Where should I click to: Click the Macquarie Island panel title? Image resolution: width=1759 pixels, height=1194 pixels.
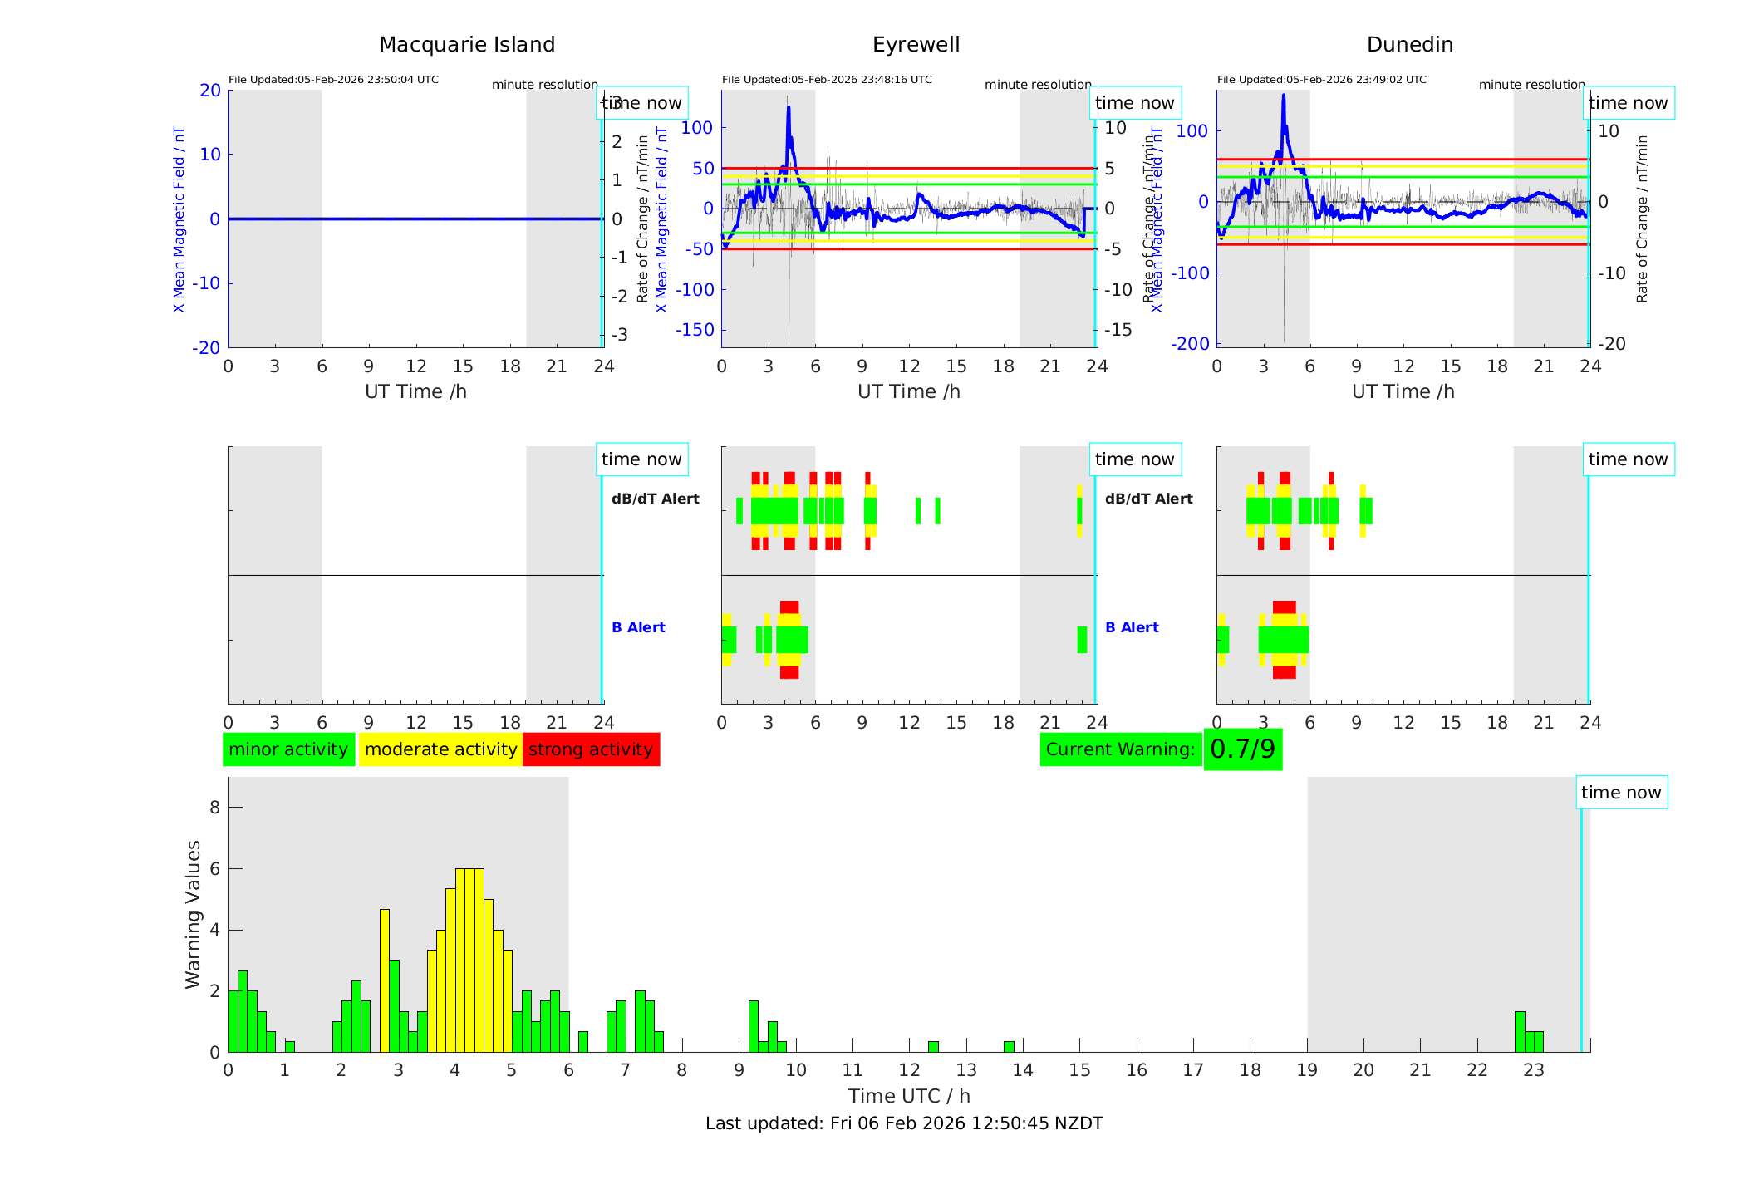pyautogui.click(x=466, y=45)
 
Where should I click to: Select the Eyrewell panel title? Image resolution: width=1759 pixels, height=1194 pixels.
pyautogui.click(x=916, y=45)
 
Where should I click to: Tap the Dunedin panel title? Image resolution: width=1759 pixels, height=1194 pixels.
pyautogui.click(x=1409, y=45)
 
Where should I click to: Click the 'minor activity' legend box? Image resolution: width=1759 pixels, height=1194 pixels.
pyautogui.click(x=288, y=749)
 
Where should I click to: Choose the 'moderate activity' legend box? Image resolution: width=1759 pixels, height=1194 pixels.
pyautogui.click(x=440, y=749)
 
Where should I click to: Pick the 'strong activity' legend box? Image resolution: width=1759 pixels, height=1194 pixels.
pyautogui.click(x=591, y=749)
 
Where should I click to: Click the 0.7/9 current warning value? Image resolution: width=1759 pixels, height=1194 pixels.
pyautogui.click(x=1242, y=749)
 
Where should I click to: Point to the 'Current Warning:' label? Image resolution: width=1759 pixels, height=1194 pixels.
pyautogui.click(x=1120, y=749)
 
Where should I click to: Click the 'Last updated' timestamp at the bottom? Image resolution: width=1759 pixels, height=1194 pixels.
pyautogui.click(x=904, y=1123)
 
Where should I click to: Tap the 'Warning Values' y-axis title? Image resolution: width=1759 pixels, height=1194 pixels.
pyautogui.click(x=194, y=914)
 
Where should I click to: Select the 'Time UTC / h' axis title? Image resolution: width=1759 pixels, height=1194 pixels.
pyautogui.click(x=909, y=1096)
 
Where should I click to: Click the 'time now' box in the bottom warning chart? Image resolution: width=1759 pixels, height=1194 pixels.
pyautogui.click(x=1620, y=793)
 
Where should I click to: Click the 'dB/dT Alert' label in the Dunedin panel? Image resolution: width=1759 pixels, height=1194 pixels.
pyautogui.click(x=1148, y=499)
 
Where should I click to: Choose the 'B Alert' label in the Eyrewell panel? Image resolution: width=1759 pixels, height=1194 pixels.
pyautogui.click(x=638, y=627)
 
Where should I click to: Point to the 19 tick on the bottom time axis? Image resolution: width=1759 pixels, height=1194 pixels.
pyautogui.click(x=1307, y=1070)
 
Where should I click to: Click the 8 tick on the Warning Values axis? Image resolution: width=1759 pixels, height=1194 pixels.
pyautogui.click(x=214, y=807)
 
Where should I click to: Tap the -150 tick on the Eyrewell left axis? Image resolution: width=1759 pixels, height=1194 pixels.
pyautogui.click(x=695, y=330)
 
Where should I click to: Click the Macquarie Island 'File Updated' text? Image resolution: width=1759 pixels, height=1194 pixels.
pyautogui.click(x=333, y=80)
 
